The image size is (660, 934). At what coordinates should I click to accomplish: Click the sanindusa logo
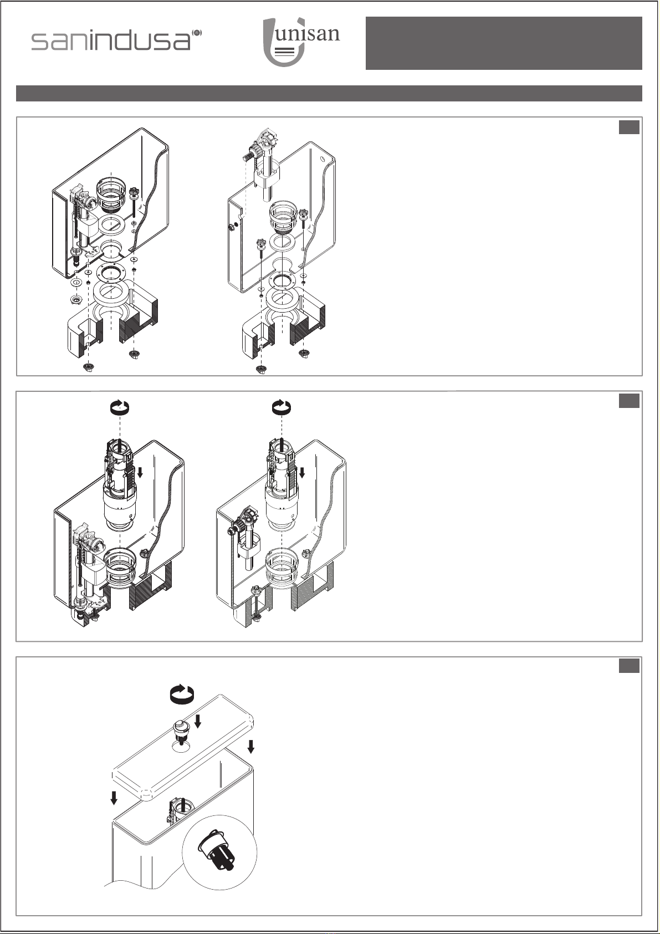[116, 41]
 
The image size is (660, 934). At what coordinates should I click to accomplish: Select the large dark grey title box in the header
[504, 43]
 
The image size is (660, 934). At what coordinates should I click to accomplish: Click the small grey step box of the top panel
[629, 127]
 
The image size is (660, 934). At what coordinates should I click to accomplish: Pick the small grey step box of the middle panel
[629, 401]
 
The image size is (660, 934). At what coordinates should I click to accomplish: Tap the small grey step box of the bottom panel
[629, 666]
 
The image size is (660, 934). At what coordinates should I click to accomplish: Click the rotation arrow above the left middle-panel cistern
[119, 407]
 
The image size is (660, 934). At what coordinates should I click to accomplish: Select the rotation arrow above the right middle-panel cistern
[282, 407]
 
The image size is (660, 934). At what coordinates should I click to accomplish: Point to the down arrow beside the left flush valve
[141, 472]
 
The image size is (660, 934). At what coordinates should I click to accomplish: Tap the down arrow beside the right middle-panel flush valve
[302, 472]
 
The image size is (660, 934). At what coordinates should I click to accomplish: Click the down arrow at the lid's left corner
[114, 798]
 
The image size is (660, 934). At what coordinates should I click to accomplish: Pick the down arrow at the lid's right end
[251, 746]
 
